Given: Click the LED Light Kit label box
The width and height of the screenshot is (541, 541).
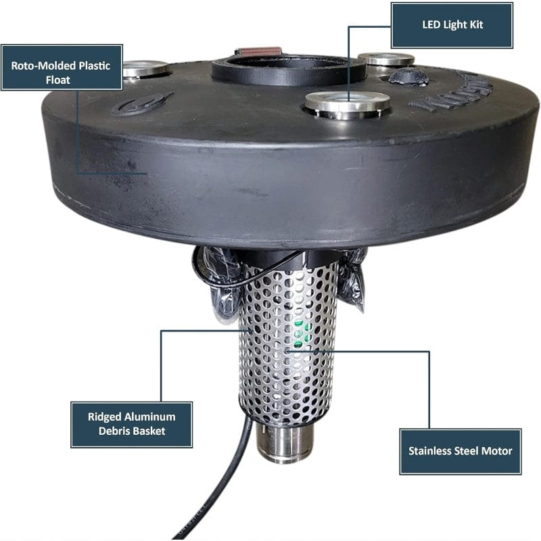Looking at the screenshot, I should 452,25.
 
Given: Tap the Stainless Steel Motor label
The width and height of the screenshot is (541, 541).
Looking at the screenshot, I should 460,451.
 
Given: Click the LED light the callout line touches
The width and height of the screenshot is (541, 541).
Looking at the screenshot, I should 347,103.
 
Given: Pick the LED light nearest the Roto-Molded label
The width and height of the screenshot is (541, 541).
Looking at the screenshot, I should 145,68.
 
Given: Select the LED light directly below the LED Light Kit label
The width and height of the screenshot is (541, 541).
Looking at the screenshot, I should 386,59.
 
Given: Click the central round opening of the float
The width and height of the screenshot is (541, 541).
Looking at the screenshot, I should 289,68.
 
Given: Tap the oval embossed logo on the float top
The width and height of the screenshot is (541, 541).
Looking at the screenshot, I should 143,104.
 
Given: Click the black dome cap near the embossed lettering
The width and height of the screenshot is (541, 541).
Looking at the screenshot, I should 408,76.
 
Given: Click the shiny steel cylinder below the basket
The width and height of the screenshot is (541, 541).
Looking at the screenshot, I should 285,444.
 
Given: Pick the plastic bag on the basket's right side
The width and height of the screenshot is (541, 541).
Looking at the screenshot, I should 352,281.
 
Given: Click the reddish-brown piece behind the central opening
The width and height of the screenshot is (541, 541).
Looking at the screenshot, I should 258,52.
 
